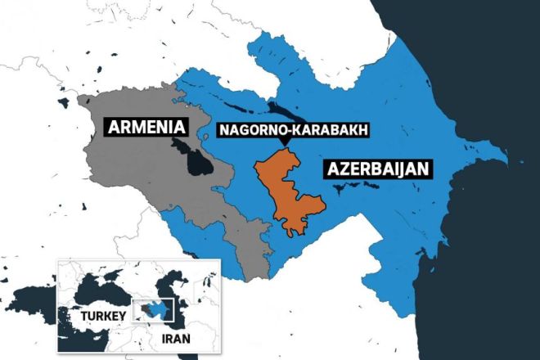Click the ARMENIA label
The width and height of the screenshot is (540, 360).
(145, 128)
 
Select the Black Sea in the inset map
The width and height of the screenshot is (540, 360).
(98, 285)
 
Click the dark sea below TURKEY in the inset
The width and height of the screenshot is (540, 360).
(90, 342)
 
